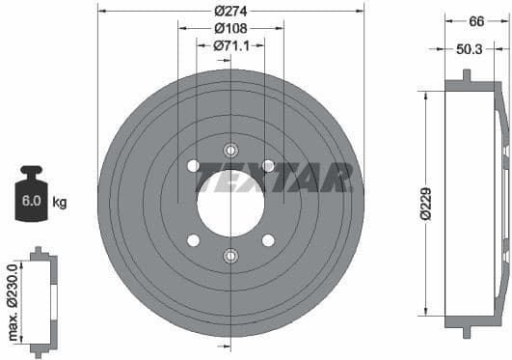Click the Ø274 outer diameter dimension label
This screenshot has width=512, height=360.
(230, 11)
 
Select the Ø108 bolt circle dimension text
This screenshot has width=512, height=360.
(230, 28)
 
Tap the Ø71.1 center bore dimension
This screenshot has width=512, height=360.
(230, 45)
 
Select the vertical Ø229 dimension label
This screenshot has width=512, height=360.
(424, 203)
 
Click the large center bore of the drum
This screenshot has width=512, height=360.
(230, 202)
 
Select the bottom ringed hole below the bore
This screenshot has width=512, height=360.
(230, 256)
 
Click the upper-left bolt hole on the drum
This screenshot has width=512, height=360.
(193, 166)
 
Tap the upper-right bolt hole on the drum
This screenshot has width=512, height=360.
(268, 166)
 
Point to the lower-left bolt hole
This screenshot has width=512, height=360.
(193, 239)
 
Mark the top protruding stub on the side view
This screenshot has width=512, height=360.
(466, 75)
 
